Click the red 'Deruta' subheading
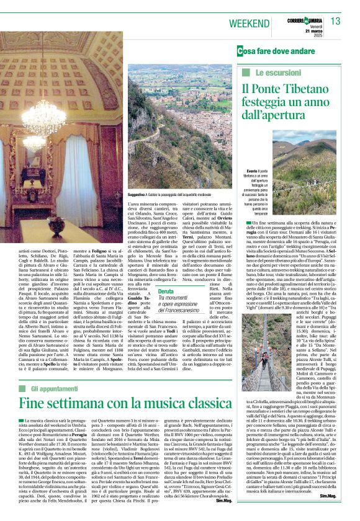(166, 291)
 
